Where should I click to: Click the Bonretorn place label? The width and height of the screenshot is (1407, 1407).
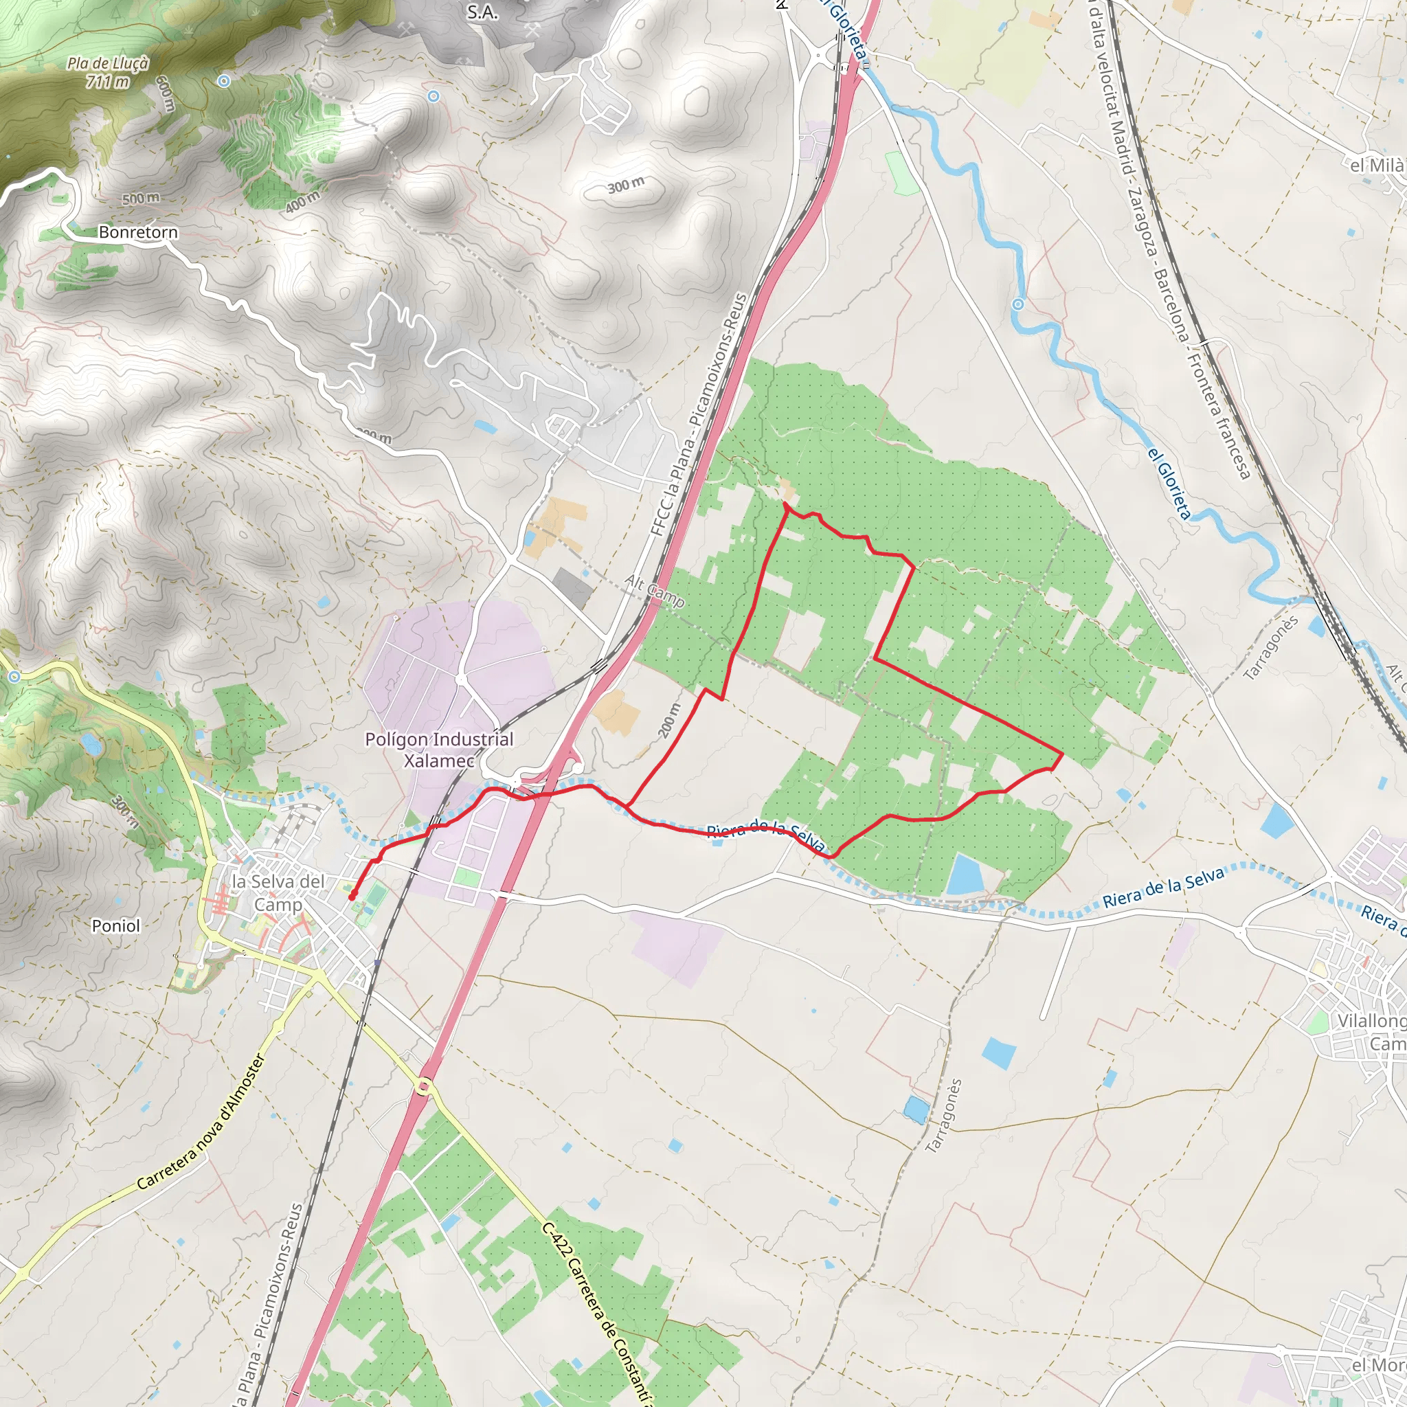(x=137, y=232)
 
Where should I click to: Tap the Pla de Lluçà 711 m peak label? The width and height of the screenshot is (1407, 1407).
(x=108, y=72)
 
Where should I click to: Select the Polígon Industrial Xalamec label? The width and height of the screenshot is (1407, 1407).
(x=439, y=750)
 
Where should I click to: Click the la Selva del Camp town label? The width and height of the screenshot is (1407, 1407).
(x=278, y=892)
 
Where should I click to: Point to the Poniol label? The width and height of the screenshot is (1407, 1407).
(x=116, y=925)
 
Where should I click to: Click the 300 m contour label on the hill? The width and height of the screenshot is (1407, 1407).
(x=626, y=185)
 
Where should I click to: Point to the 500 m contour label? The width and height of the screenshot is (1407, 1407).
(x=141, y=198)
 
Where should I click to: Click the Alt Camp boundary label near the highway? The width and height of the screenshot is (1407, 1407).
(x=654, y=591)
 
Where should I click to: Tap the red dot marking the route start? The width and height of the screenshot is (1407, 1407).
(x=352, y=897)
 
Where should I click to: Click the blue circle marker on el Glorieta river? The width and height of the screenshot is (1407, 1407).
(x=1018, y=304)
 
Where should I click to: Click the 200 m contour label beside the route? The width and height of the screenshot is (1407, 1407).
(x=671, y=720)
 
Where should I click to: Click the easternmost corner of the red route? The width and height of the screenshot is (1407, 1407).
(x=1063, y=754)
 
